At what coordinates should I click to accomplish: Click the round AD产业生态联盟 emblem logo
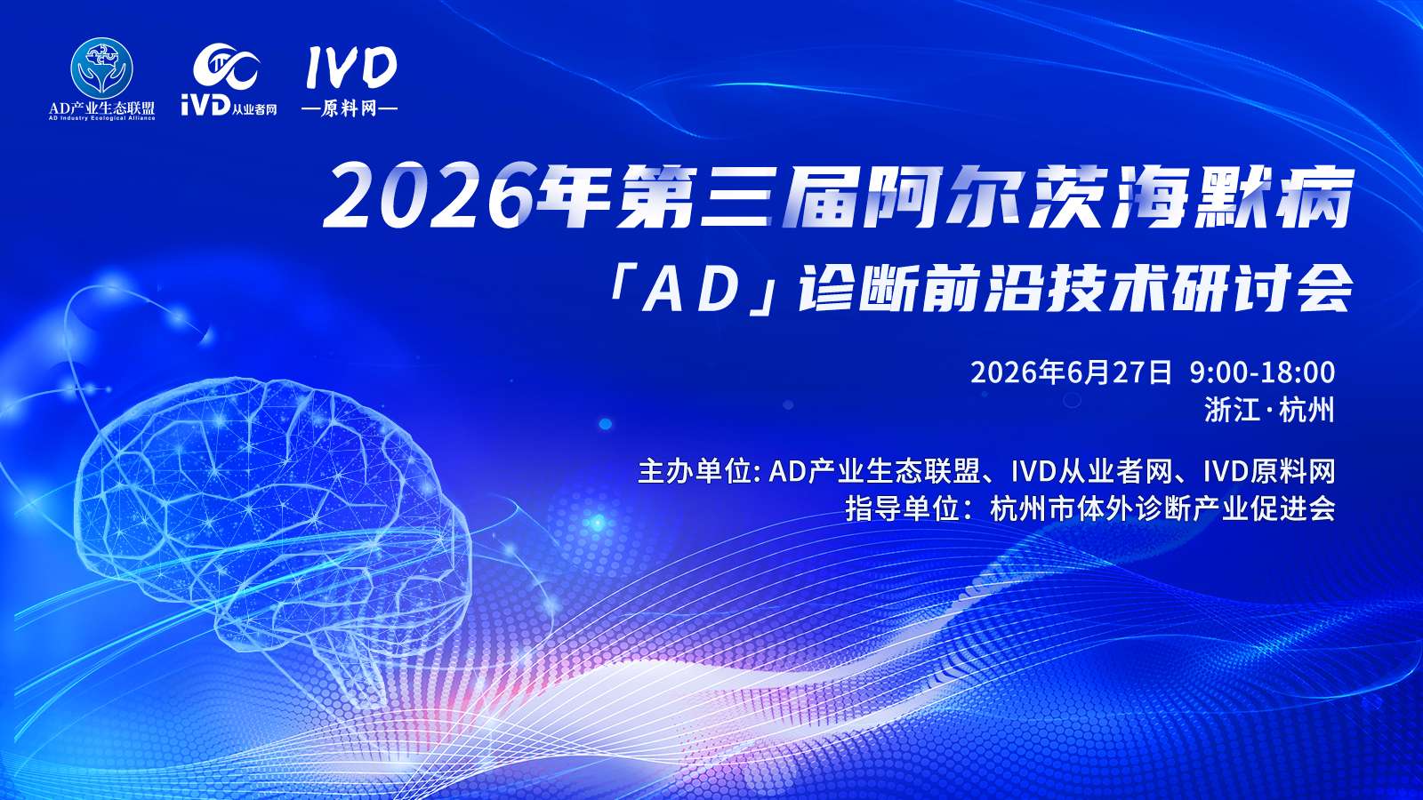click(101, 68)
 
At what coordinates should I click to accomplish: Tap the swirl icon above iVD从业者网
click(226, 68)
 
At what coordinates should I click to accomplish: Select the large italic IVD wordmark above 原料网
click(350, 68)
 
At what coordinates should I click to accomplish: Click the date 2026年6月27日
click(1071, 372)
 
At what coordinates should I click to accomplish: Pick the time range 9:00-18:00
click(1262, 372)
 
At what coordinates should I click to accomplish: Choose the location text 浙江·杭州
click(1269, 410)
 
